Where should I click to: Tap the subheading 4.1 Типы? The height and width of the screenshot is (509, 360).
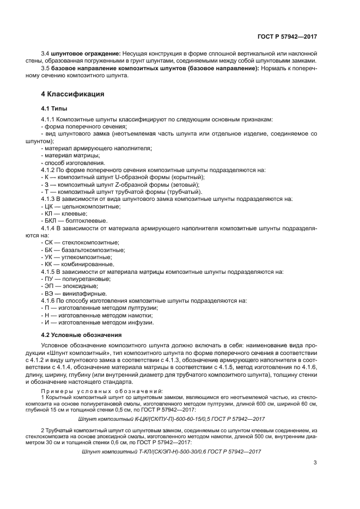[x=54, y=108]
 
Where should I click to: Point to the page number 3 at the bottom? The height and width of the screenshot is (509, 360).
[x=315, y=464]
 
